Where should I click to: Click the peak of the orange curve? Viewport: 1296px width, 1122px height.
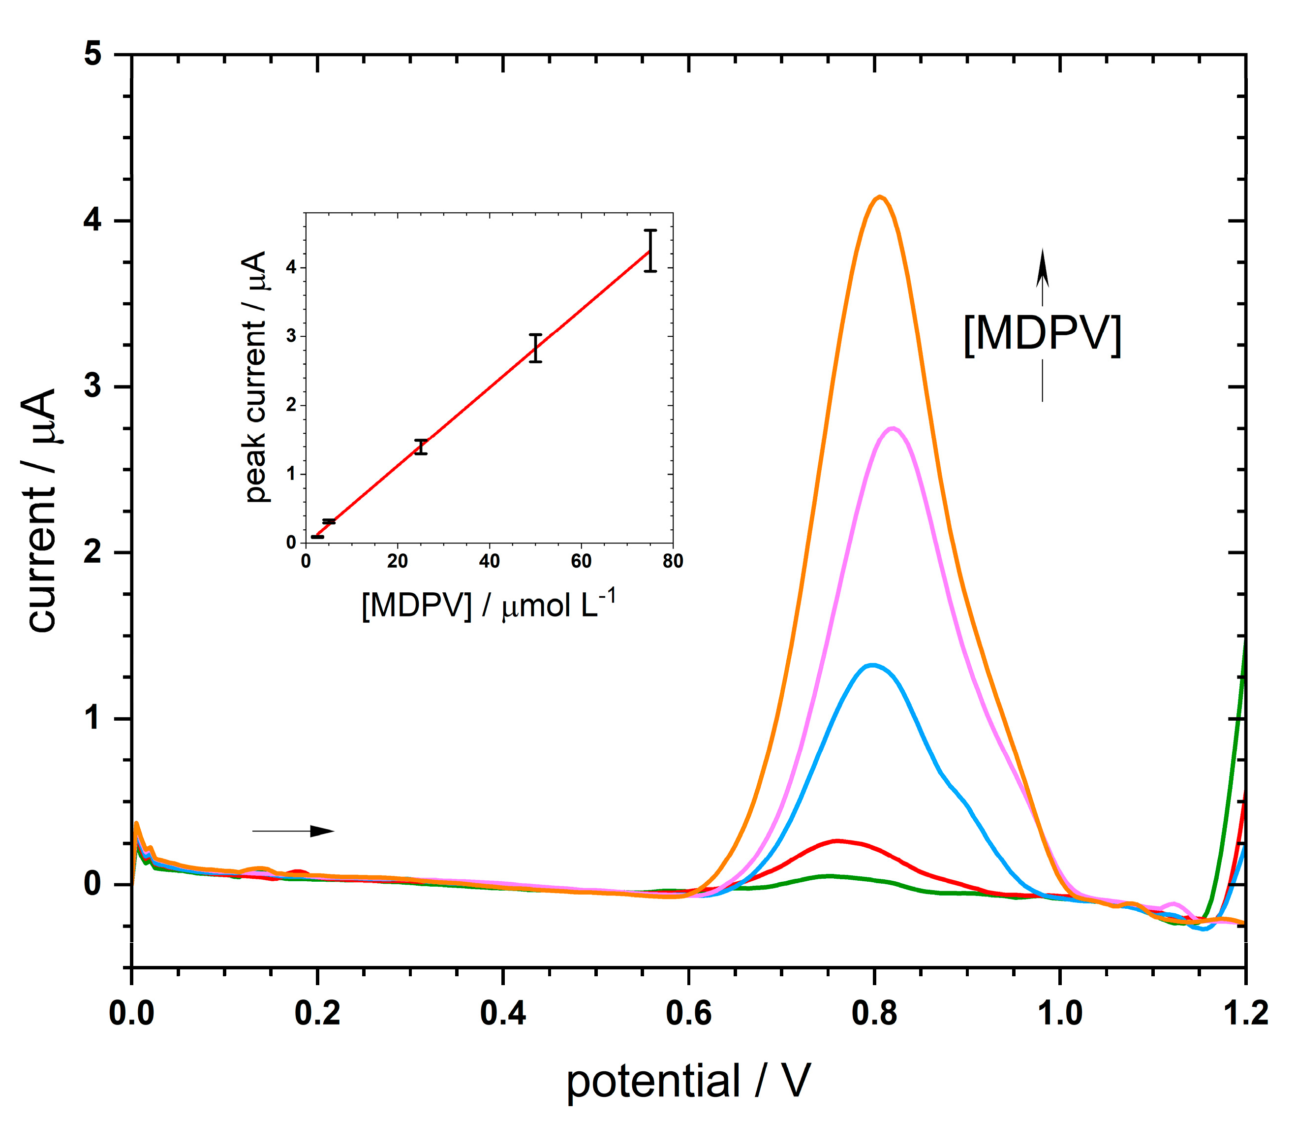tap(880, 197)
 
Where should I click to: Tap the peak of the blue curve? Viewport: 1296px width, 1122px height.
tap(872, 665)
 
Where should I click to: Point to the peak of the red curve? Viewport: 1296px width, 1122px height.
tap(836, 841)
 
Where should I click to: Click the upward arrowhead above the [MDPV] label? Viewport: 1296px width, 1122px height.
tap(1042, 266)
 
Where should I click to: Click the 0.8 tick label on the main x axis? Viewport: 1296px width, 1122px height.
tap(874, 1014)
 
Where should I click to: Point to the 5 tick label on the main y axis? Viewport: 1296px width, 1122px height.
tap(93, 55)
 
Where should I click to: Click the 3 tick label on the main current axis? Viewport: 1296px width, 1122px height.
tap(93, 386)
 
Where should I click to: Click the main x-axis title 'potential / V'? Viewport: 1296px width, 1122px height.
tap(688, 1081)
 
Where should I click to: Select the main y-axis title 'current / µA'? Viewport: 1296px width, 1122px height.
tap(42, 510)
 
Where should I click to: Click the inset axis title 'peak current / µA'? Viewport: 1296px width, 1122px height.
tap(255, 378)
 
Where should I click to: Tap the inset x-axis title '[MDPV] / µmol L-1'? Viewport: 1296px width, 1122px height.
tap(489, 604)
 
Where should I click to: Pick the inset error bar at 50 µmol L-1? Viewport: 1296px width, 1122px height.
tap(535, 348)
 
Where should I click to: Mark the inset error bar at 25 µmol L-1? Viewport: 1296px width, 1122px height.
tap(421, 447)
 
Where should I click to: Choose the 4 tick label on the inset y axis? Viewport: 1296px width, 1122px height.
tap(291, 267)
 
